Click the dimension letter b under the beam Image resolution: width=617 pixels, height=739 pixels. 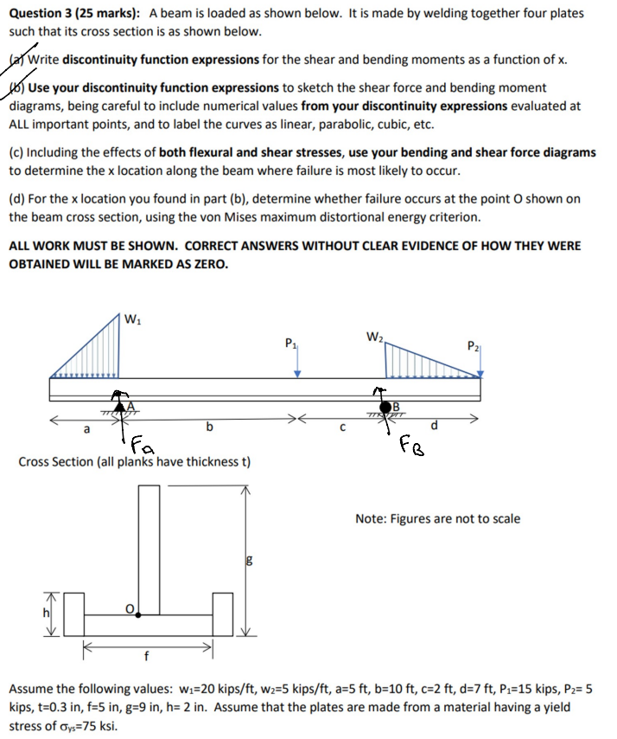[208, 426]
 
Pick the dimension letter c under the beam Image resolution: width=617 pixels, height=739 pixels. [343, 426]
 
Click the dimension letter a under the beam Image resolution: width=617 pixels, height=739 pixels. [86, 427]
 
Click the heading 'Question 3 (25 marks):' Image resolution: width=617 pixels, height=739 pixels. [75, 14]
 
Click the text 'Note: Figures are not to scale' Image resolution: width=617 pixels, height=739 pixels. [437, 519]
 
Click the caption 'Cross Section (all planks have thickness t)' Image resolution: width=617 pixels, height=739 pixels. [134, 462]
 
